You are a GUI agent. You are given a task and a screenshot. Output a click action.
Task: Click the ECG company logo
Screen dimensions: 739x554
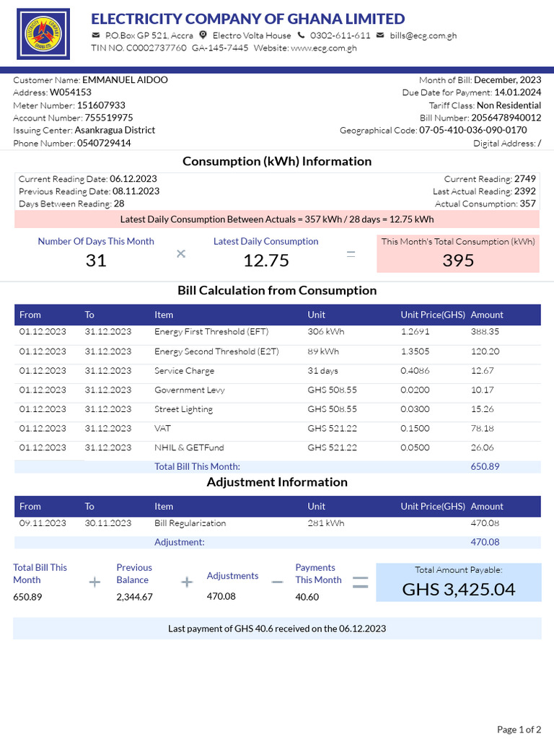[x=43, y=34]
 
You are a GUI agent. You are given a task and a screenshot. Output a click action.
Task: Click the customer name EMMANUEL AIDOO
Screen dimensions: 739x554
[x=125, y=80]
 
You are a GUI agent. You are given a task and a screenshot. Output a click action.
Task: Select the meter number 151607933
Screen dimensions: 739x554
[x=101, y=105]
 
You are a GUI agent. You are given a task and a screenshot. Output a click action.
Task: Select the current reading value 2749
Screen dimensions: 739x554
[x=525, y=178]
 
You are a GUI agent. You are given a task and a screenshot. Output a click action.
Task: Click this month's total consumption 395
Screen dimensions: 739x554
[x=458, y=261]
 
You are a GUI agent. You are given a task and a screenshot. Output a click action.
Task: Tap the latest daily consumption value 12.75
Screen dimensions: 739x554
[x=265, y=261]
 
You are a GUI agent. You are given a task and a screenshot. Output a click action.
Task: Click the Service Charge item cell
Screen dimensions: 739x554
[x=184, y=370]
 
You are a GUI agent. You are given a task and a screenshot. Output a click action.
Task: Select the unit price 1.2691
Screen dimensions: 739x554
[x=415, y=332]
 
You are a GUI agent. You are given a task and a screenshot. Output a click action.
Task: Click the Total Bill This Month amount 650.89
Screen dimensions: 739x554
[x=485, y=467]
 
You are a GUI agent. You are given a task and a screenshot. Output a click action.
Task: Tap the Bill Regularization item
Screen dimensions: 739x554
[x=190, y=523]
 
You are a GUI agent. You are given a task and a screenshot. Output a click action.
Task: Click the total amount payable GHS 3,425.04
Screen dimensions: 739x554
[x=458, y=589]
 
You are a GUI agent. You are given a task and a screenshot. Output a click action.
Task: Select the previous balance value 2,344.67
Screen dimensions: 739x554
[x=134, y=597]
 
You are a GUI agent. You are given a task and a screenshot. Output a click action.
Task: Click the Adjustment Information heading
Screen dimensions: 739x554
[x=277, y=482]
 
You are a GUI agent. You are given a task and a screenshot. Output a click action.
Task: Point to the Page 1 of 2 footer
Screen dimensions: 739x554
[x=519, y=730]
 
